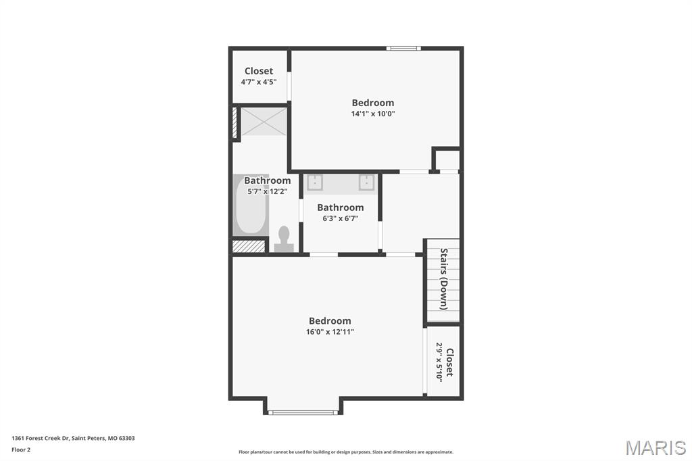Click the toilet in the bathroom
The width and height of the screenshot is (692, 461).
[284, 239]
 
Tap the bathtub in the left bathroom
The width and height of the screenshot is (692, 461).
[250, 205]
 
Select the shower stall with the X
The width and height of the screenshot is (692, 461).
[264, 122]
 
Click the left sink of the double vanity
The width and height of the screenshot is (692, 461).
[315, 183]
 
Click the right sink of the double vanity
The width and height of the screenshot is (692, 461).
[367, 183]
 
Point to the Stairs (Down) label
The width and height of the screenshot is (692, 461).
[444, 278]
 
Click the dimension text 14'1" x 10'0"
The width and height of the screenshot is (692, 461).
[372, 114]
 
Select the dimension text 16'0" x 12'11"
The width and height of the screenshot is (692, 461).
[330, 332]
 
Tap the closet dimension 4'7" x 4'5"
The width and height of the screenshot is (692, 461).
[259, 82]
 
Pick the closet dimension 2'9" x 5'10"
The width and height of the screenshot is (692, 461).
[439, 362]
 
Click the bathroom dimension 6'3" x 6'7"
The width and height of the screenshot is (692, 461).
[340, 218]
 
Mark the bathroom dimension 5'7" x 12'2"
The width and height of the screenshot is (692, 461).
[267, 191]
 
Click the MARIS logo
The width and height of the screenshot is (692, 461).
[655, 447]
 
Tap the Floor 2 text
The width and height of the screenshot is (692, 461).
[21, 450]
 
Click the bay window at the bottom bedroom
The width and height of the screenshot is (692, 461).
[303, 412]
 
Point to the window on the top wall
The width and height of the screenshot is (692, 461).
[403, 48]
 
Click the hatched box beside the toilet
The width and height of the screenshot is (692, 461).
[248, 246]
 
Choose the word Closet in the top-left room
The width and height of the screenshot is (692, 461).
[259, 71]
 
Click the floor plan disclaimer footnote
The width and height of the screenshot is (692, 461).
[346, 452]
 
